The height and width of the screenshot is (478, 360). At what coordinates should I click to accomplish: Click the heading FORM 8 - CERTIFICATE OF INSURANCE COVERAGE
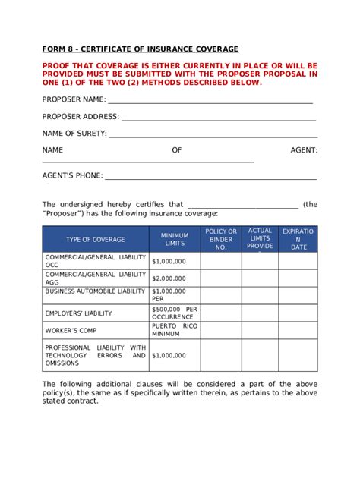(x=140, y=49)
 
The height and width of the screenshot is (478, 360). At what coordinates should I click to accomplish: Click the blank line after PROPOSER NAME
(x=210, y=101)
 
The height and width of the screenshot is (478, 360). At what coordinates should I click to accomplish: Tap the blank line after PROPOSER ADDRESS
(x=218, y=118)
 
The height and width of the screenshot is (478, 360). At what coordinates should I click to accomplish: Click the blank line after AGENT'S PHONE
(x=210, y=178)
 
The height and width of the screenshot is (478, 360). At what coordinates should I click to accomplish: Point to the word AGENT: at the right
(x=304, y=150)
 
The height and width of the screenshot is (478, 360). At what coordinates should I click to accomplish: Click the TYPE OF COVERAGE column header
(x=95, y=240)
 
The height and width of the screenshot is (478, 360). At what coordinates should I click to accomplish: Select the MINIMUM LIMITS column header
(x=175, y=240)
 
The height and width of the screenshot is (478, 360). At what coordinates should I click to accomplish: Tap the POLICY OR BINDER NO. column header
(x=222, y=240)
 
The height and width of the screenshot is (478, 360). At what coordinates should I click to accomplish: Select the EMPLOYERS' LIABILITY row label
(x=78, y=313)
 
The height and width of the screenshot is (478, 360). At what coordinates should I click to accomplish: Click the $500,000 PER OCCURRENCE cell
(x=174, y=313)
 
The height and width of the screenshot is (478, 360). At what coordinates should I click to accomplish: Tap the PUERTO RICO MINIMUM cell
(x=174, y=330)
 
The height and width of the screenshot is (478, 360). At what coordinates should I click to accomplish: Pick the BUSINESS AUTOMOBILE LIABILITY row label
(x=94, y=291)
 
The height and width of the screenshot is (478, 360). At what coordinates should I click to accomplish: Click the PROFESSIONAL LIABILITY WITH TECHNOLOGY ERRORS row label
(x=95, y=355)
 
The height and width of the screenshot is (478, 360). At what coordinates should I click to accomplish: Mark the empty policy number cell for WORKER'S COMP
(x=222, y=330)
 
